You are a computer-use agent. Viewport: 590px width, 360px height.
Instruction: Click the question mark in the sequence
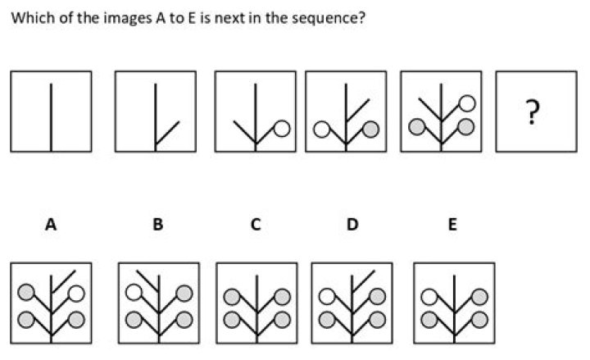[x=532, y=112]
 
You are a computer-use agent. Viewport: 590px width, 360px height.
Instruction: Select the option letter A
[x=51, y=225]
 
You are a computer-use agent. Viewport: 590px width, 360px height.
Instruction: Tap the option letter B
[x=158, y=225]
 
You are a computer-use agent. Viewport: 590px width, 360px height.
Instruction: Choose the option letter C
[x=256, y=225]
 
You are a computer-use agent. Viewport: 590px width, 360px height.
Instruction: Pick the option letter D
[x=352, y=225]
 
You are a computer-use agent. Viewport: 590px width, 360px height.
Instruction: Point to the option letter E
[x=452, y=225]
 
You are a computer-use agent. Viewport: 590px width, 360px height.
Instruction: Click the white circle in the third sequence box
[x=282, y=129]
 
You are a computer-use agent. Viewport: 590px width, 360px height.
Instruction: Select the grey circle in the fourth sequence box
[x=370, y=130]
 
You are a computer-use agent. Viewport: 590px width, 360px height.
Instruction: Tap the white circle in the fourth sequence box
[x=321, y=130]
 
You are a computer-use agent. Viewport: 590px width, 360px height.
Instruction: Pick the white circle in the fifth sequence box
[x=467, y=103]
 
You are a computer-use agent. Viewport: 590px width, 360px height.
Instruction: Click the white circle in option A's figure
[x=77, y=294]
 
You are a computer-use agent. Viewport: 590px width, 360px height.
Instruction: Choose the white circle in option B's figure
[x=134, y=292]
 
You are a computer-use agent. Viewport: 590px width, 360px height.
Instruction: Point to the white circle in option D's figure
[x=327, y=296]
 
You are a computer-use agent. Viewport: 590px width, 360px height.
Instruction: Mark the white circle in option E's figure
[x=429, y=297]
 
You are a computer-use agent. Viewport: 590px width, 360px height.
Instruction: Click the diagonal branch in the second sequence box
[x=167, y=134]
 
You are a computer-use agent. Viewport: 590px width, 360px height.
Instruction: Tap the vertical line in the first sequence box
[x=51, y=117]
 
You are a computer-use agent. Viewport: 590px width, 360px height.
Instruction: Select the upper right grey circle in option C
[x=282, y=297]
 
